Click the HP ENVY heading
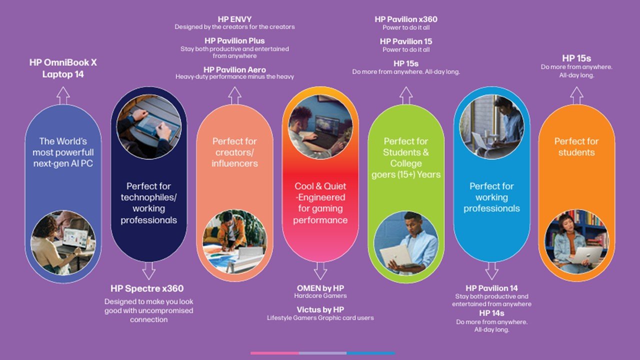click(x=234, y=19)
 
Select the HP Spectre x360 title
click(x=147, y=288)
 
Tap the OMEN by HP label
click(x=320, y=288)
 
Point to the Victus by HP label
click(x=320, y=309)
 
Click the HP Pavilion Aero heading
click(x=234, y=69)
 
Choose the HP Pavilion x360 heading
click(x=406, y=19)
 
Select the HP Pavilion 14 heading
click(x=491, y=288)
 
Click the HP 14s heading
click(x=491, y=313)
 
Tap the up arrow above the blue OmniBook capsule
click(x=63, y=95)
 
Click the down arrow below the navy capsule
click(x=149, y=271)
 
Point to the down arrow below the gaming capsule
click(x=320, y=271)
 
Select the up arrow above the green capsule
click(x=406, y=95)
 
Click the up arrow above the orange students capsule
click(x=576, y=95)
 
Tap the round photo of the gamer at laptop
click(x=320, y=127)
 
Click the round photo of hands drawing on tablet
click(x=149, y=127)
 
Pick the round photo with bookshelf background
click(x=576, y=242)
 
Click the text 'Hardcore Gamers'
click(x=320, y=295)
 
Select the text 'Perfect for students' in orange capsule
click(x=576, y=146)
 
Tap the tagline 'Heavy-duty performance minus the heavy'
click(x=234, y=76)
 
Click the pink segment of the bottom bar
click(x=275, y=353)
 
